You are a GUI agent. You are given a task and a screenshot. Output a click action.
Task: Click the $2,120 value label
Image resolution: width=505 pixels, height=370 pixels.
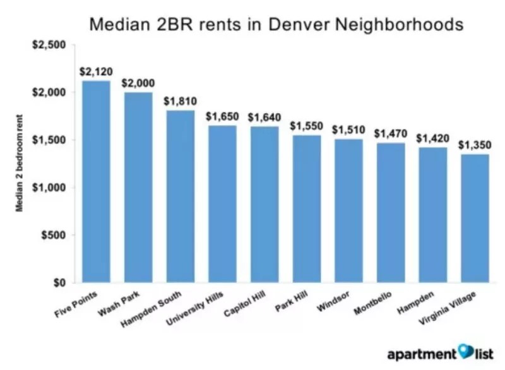pyautogui.click(x=95, y=71)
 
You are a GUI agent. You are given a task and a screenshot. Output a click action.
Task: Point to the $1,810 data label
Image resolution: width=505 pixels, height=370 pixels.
pyautogui.click(x=179, y=101)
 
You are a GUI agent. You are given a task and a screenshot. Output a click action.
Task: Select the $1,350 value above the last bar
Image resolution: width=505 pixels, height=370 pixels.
pyautogui.click(x=474, y=145)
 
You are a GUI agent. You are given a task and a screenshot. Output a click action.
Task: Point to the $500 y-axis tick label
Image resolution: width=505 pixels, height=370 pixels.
pyautogui.click(x=54, y=235)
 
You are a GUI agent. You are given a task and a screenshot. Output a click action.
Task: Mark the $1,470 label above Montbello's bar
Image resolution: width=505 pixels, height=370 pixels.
pyautogui.click(x=389, y=134)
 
